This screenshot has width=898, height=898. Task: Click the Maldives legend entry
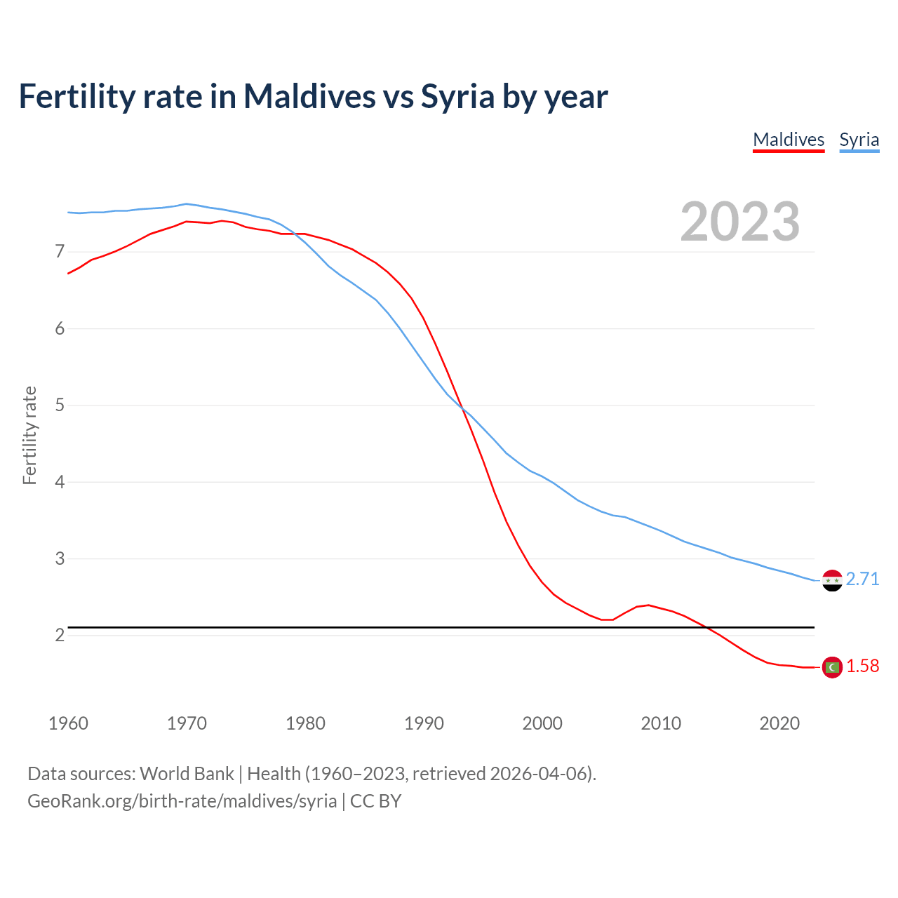click(789, 140)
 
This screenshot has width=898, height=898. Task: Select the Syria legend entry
click(859, 140)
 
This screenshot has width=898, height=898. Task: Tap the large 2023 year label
click(740, 222)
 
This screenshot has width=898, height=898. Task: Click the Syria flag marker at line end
click(832, 580)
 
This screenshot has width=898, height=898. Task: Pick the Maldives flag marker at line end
click(832, 667)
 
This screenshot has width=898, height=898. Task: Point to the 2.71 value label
click(862, 579)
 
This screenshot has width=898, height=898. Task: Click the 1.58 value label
click(862, 666)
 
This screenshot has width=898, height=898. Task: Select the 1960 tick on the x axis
click(68, 723)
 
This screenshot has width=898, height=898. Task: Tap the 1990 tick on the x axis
click(424, 723)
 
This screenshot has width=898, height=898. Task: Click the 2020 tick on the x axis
click(779, 723)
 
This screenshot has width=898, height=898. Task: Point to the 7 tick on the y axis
click(60, 252)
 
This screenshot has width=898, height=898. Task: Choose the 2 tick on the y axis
click(60, 636)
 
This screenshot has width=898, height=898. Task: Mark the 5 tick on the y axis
click(60, 406)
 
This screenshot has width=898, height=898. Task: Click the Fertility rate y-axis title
click(29, 435)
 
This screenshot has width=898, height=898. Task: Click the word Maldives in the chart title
click(309, 96)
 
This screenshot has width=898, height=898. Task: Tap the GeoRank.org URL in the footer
click(182, 801)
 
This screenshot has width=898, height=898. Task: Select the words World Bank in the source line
click(187, 774)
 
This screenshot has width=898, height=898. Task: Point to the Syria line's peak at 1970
click(186, 204)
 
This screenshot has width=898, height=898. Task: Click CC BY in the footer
click(375, 801)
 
